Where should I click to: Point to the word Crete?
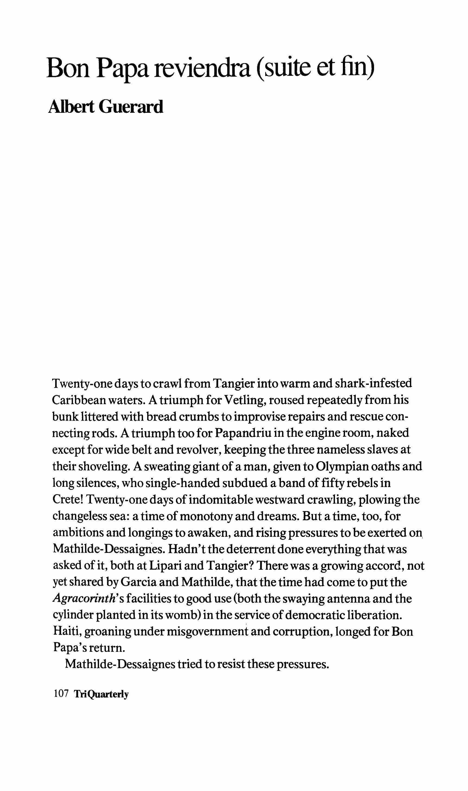coord(68,500)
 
